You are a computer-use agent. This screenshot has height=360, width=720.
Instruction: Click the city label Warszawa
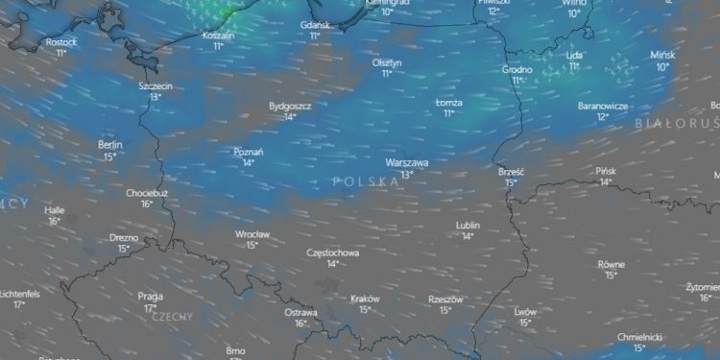[407, 163]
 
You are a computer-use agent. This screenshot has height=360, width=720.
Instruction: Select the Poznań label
[249, 151]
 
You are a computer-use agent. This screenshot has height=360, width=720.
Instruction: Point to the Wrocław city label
[252, 233]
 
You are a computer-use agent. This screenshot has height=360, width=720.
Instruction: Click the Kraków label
[366, 299]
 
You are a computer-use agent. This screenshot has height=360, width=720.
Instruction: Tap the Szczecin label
[155, 85]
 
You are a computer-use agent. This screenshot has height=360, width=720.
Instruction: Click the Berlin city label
[110, 145]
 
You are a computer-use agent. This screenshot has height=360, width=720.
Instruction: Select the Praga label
[150, 296]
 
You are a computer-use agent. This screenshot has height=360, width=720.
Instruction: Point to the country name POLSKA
[366, 180]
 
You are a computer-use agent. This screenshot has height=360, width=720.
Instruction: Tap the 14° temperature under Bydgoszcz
[290, 116]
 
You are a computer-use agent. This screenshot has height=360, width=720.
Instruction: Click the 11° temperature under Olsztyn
[387, 73]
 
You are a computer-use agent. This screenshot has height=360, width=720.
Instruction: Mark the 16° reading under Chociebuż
[147, 204]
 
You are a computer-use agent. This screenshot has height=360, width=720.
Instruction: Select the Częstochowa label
[332, 252]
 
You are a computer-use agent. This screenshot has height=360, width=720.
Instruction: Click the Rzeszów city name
[445, 300]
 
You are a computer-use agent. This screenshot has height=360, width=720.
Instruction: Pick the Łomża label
[449, 102]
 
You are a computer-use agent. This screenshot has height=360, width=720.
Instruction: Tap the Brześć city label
[511, 171]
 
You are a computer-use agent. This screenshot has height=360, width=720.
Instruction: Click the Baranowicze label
[603, 106]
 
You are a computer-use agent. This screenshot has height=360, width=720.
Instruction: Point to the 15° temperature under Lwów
[525, 323]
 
